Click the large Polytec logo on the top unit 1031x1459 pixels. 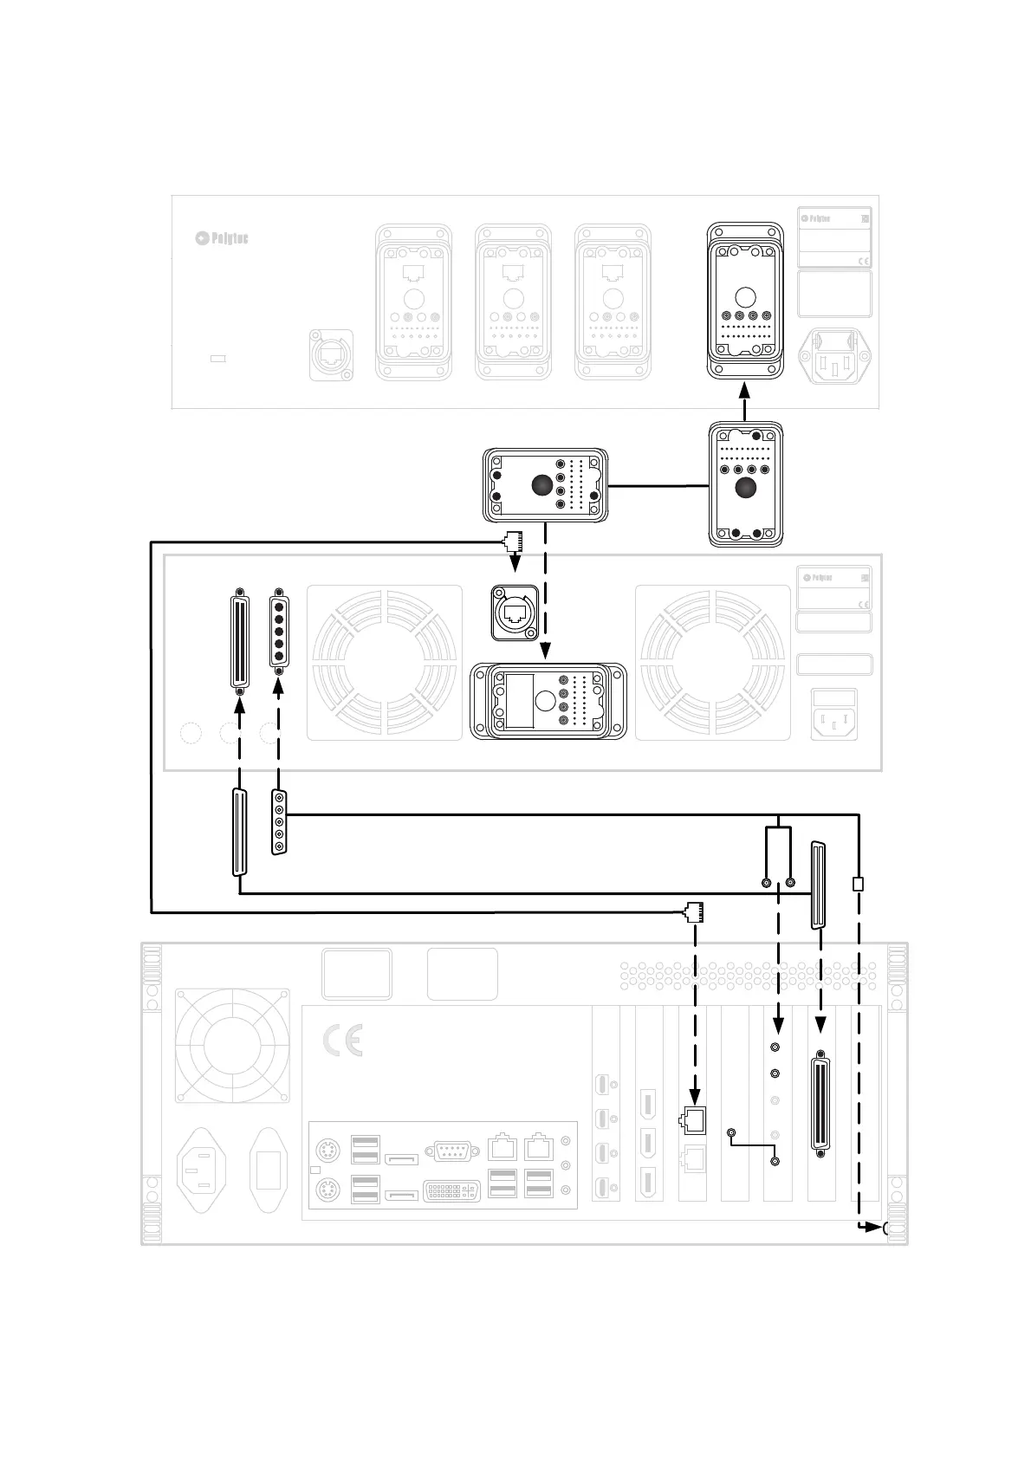[x=222, y=237]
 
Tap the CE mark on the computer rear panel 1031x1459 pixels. [x=342, y=1041]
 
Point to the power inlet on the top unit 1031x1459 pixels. [x=834, y=356]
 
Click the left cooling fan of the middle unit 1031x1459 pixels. [x=385, y=663]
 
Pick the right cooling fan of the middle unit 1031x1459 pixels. [x=713, y=663]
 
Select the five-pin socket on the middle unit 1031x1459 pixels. [x=279, y=632]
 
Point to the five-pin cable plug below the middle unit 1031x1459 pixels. [x=279, y=822]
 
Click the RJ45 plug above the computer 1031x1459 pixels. [x=694, y=911]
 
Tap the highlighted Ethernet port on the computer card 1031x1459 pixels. [x=694, y=1120]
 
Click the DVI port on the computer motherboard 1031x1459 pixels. [x=451, y=1190]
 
